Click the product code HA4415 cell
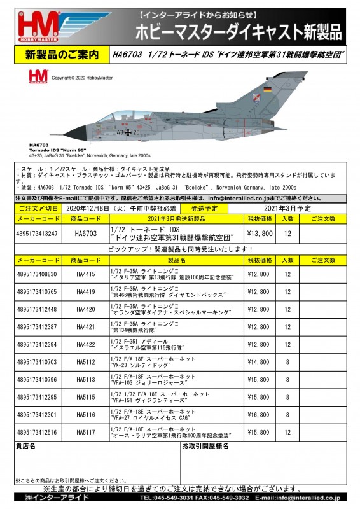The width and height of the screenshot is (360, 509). click(85, 275)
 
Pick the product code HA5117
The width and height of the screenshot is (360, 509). click(85, 433)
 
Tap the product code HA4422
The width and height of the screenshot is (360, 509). click(85, 345)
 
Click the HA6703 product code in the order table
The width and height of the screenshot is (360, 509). click(85, 234)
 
